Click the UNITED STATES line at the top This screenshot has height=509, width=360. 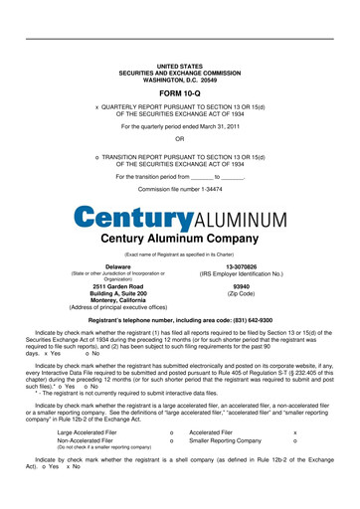pos(180,65)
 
